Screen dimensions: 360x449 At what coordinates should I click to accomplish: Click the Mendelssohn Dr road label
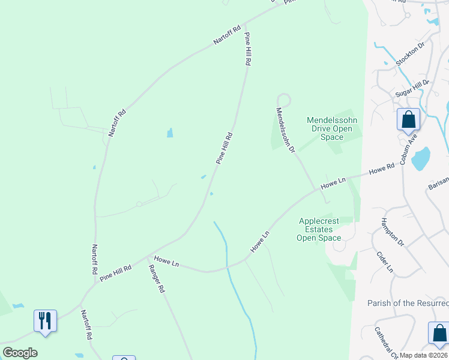tap(285, 130)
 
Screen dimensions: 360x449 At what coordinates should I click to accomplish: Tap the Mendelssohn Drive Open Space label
tap(332, 128)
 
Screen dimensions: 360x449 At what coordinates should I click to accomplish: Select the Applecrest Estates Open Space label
tap(320, 229)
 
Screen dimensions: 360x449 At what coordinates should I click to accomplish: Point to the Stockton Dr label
tap(411, 54)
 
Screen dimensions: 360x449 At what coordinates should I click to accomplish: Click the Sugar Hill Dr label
tap(412, 89)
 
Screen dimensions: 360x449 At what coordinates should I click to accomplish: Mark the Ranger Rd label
tap(156, 278)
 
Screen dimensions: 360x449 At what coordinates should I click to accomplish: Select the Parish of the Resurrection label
tap(408, 303)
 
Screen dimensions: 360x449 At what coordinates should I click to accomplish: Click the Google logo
tap(20, 353)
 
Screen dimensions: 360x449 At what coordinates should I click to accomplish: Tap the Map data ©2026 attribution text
tap(424, 355)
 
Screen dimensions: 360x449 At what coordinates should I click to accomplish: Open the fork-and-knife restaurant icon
tap(45, 320)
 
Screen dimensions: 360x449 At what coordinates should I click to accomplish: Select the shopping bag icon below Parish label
tap(439, 333)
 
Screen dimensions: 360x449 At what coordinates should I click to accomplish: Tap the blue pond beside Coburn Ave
tap(421, 158)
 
